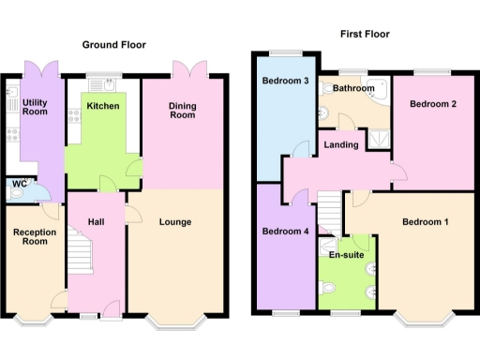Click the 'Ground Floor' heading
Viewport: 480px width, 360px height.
pos(113,45)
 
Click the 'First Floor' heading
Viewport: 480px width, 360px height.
pos(365,34)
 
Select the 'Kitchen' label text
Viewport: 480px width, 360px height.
pos(102,107)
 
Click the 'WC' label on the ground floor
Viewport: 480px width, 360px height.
pos(19,185)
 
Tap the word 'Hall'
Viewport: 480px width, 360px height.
pos(97,222)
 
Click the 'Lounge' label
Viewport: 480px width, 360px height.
pos(175,222)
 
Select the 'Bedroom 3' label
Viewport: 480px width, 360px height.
pos(286,82)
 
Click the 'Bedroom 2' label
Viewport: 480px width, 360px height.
pos(432,104)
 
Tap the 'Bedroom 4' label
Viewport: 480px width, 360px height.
pos(285,232)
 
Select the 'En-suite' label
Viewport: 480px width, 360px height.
pos(345,254)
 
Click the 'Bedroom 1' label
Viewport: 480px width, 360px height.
pos(426,222)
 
